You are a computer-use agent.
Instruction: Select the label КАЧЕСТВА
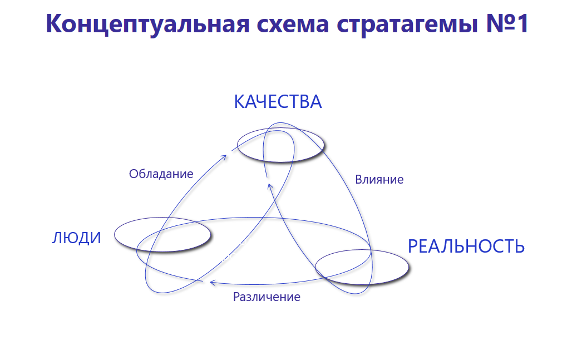pos(278,102)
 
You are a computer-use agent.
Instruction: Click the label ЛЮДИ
pos(77,238)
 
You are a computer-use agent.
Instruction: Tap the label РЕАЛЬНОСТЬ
pos(466,246)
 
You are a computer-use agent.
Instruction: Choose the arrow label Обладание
pos(161,174)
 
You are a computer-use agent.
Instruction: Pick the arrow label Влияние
pos(379,180)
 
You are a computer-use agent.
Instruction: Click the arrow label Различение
pos(267,297)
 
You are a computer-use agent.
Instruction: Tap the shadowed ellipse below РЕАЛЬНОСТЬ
pos(362,267)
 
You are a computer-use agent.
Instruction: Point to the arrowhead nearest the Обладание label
pos(224,156)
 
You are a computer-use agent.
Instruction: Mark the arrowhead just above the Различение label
pos(211,283)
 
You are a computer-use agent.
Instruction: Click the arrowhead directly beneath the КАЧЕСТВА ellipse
pos(267,179)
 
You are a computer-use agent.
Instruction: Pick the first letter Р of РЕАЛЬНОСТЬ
pos(413,246)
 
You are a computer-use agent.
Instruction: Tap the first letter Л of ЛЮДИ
pos(57,238)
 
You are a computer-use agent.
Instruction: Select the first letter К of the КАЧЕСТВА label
pos(239,102)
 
